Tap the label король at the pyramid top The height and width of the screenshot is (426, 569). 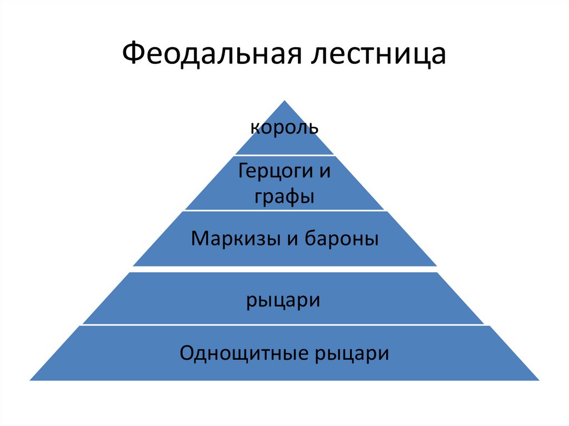(x=284, y=128)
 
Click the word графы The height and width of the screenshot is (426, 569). (x=284, y=197)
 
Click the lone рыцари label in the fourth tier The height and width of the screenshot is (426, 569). (x=284, y=300)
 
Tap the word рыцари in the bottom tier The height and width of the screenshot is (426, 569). (x=352, y=354)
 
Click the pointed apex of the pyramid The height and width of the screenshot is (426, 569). (x=284, y=102)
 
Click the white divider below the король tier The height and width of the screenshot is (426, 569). (x=284, y=155)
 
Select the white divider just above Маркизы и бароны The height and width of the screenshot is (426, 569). (x=284, y=211)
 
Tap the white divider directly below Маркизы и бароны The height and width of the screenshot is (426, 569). (x=284, y=269)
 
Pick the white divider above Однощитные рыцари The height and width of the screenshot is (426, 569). (x=284, y=325)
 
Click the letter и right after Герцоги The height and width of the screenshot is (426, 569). (x=325, y=171)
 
